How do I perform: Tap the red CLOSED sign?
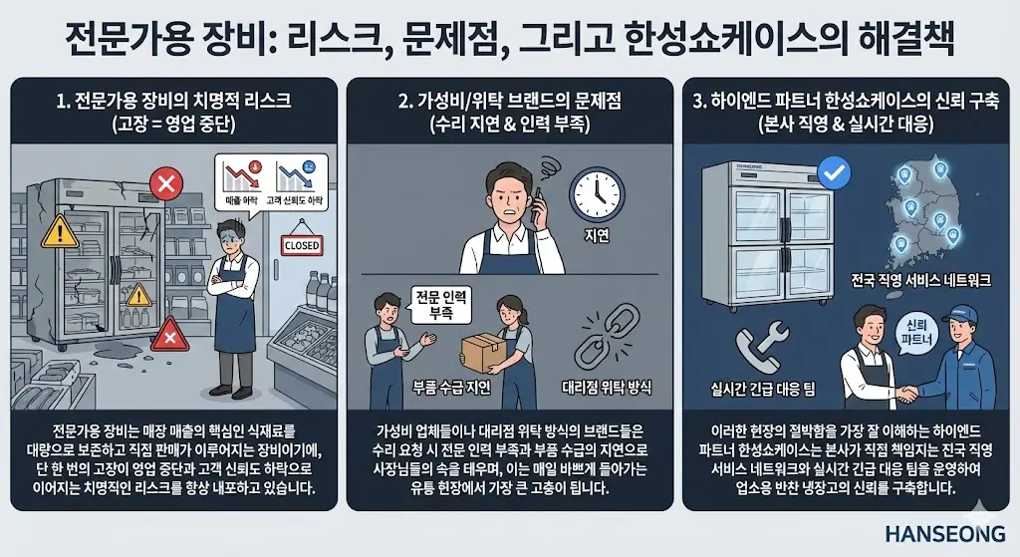click(x=302, y=244)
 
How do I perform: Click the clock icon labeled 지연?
click(x=596, y=193)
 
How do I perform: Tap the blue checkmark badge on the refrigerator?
click(x=832, y=175)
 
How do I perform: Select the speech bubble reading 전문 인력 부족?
click(x=439, y=305)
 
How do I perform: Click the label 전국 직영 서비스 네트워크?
click(x=915, y=282)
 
